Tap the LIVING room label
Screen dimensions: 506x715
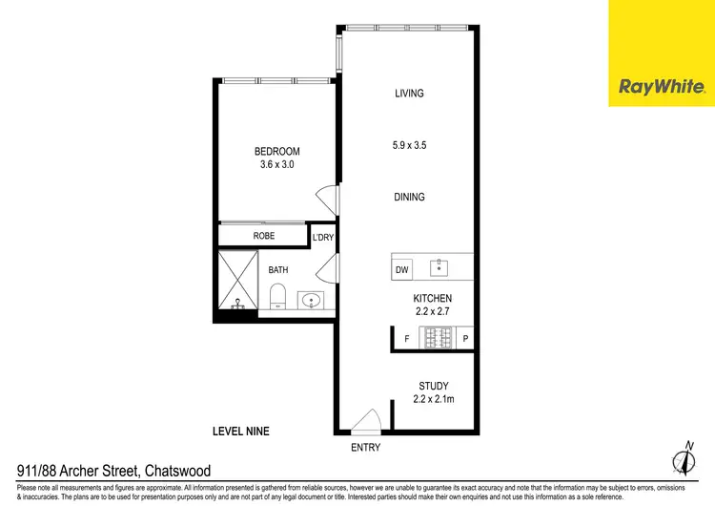point(409,94)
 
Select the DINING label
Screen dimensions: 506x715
point(409,198)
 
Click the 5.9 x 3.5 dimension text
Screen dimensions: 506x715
point(409,146)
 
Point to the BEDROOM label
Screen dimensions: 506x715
point(276,152)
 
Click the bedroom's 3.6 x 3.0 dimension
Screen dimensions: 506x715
point(276,164)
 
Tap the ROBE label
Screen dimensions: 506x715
point(264,235)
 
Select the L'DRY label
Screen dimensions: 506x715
point(323,237)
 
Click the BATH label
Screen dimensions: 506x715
point(277,270)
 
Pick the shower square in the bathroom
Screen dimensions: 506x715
point(237,281)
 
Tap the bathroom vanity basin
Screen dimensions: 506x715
point(312,301)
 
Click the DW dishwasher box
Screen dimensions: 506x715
point(402,270)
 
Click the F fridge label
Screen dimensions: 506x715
point(406,339)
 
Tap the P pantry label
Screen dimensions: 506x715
point(466,339)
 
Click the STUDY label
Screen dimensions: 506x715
point(433,387)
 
